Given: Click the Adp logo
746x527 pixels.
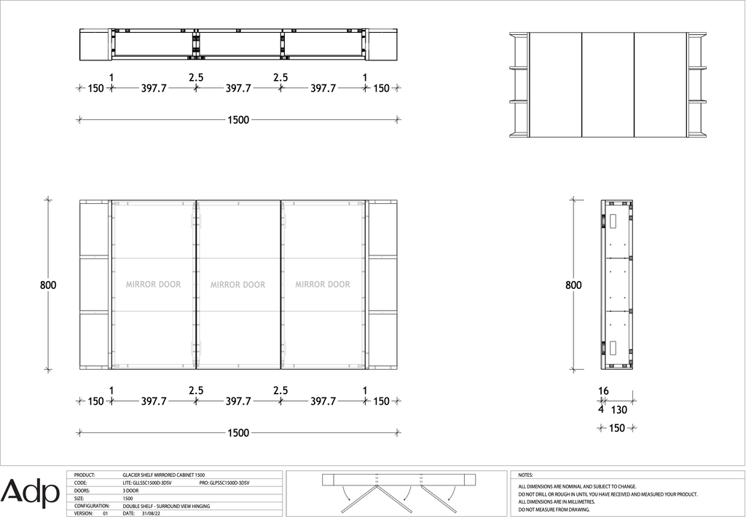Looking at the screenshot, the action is pos(30,493).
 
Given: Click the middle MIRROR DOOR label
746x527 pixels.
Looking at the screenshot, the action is pos(238,285).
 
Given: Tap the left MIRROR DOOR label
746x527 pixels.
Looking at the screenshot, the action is pos(153,284).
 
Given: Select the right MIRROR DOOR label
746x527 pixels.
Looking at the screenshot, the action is pos(323,284).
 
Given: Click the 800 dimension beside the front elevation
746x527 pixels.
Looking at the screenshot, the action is pos(48,285).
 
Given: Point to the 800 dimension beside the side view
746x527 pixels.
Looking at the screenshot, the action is pos(573,285).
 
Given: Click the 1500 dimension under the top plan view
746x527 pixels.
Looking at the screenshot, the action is pos(238,120).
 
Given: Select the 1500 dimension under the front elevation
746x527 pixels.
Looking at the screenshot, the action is pos(238,433).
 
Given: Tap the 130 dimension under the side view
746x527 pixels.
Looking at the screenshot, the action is pos(619,410).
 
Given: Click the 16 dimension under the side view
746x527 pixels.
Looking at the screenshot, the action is pos(603,391).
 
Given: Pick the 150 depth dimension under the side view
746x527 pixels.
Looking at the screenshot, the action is pos(617,428).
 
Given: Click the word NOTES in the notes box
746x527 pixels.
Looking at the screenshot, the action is pos(526,475).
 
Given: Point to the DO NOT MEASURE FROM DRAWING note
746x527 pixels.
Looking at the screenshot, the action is pos(554,510).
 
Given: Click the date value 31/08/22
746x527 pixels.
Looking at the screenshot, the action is pos(150,514).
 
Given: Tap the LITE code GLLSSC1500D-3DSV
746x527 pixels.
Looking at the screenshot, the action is pos(147,483).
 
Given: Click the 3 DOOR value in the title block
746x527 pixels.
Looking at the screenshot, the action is pos(131,491).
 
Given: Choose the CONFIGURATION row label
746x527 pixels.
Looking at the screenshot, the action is pos(92,506).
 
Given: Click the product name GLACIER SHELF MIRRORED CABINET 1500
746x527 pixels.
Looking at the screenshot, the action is pos(164,475).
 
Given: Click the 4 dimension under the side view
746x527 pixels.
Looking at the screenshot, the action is pos(601,409).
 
